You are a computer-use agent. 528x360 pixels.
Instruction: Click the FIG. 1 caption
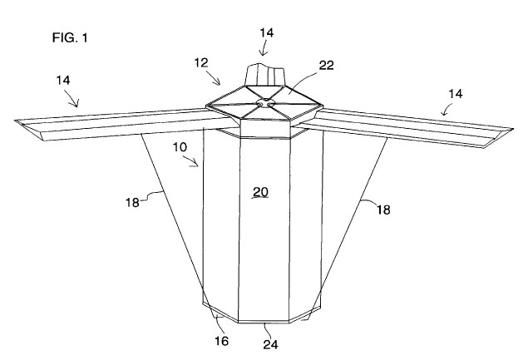(x=70, y=37)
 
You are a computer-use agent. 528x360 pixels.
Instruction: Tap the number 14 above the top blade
(x=266, y=32)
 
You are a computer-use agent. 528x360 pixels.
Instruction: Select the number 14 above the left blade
(x=63, y=80)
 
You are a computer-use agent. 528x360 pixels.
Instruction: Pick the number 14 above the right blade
(x=456, y=94)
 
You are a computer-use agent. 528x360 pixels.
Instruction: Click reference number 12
(x=201, y=62)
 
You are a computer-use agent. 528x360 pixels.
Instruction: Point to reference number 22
(x=326, y=65)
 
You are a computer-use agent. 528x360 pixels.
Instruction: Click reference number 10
(x=180, y=147)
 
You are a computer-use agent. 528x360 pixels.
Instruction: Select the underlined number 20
(x=260, y=192)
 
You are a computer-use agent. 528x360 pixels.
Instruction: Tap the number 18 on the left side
(x=132, y=202)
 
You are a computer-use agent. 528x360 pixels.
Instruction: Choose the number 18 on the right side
(x=383, y=210)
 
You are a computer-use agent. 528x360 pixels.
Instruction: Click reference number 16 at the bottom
(x=221, y=341)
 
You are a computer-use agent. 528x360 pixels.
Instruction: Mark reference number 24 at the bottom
(x=271, y=344)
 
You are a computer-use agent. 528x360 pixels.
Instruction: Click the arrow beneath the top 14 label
(x=263, y=48)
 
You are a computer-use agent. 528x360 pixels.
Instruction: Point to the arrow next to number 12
(x=214, y=78)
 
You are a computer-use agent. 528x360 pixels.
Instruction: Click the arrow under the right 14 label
(x=447, y=110)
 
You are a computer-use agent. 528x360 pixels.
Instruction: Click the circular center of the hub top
(x=264, y=103)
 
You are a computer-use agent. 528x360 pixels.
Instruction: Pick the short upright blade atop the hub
(x=264, y=75)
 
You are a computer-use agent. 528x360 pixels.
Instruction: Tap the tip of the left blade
(x=15, y=121)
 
